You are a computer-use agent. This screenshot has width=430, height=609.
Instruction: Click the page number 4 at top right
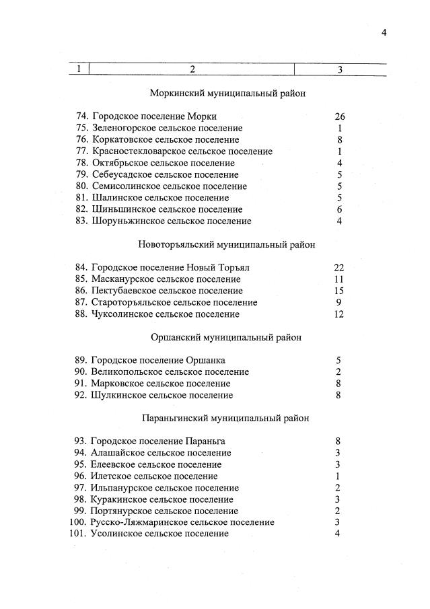[x=384, y=32]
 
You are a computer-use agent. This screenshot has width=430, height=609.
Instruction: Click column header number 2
[x=192, y=69]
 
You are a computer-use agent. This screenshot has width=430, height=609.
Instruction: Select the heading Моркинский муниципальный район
[x=227, y=94]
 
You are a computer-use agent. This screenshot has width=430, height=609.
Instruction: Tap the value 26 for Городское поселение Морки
[x=339, y=116]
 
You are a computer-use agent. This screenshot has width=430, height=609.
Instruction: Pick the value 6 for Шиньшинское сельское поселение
[x=340, y=209]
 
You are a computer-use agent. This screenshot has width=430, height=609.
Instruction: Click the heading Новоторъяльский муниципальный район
[x=227, y=244]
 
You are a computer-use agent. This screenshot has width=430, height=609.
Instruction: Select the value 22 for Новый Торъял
[x=339, y=267]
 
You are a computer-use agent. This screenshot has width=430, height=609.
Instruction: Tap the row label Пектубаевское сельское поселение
[x=167, y=291]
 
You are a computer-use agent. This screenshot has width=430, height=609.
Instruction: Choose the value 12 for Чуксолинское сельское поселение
[x=339, y=314]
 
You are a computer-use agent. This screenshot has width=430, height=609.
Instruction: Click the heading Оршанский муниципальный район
[x=225, y=337]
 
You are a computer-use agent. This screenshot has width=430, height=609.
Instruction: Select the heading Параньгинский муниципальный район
[x=226, y=418]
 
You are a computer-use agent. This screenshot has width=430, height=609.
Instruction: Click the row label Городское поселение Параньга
[x=158, y=441]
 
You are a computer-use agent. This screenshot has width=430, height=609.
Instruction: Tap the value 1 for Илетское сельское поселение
[x=338, y=476]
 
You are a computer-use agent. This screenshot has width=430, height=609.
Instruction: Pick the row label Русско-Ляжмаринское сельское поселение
[x=182, y=522]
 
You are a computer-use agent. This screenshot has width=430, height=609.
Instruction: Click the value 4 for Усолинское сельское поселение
[x=338, y=534]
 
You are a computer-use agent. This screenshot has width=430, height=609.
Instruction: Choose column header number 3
[x=340, y=69]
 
